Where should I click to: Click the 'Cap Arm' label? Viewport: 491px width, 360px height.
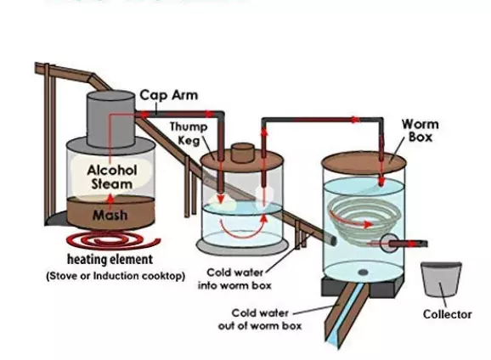click(168, 95)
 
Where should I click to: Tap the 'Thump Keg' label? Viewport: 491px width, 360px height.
click(188, 133)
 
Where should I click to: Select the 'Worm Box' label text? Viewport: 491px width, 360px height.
click(420, 130)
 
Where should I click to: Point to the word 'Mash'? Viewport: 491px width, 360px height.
click(110, 215)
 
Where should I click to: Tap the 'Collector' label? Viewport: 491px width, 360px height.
click(447, 314)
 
